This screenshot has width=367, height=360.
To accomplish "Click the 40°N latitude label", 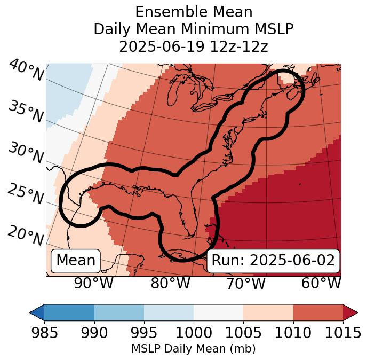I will tap(26, 72).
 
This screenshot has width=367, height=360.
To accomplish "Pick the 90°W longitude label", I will tap(94, 284).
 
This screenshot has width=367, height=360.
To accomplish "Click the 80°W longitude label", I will tap(170, 284).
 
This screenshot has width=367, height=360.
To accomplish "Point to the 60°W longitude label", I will tap(321, 284).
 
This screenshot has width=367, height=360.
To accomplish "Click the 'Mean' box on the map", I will tap(76, 261).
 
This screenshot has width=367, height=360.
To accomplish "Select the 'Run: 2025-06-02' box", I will tap(273, 261).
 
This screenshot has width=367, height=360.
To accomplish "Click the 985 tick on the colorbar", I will tap(44, 333).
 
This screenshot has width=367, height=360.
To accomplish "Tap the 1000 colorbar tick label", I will tap(194, 333).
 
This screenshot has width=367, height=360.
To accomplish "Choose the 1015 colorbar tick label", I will tap(342, 333).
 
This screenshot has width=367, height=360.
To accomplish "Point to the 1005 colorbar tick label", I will tap(243, 333).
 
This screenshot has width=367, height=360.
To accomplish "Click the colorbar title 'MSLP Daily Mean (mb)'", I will tap(193, 349).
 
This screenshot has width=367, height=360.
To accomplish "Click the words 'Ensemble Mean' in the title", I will tap(193, 12).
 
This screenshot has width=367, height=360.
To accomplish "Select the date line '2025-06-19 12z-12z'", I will tap(193, 46).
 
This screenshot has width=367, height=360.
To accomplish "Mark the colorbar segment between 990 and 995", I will tap(119, 312).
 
